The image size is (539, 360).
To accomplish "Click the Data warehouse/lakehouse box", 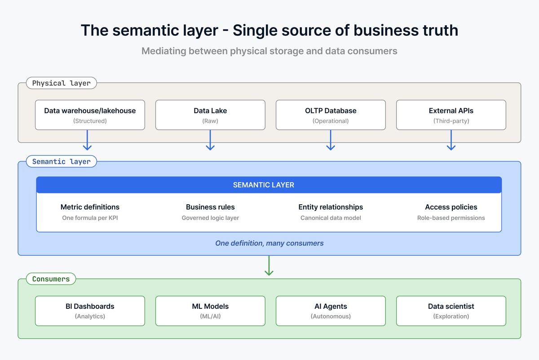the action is pos(90,115).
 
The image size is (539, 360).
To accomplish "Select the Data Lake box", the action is pos(210,115).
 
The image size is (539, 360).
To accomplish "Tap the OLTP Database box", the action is pos(331,115).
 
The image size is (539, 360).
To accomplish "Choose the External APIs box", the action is pos(451,115).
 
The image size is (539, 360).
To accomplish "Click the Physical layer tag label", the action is pos(62,83).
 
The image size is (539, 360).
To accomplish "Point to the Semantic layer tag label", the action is pos(62,161).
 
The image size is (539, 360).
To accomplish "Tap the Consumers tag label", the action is pos(51,279).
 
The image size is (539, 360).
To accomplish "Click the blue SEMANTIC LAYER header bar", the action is pos(269,184).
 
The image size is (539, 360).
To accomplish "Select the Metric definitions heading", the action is pos(90,207).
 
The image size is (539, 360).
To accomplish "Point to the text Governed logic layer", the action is pos(210,218).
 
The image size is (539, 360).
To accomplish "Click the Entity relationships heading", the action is pos(331,207).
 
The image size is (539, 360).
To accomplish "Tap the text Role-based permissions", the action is pos(451,218).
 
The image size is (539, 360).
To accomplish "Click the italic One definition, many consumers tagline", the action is pos(269,243).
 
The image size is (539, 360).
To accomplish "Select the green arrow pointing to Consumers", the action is pos(269,265).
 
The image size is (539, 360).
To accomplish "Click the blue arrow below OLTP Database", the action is pos(331,140).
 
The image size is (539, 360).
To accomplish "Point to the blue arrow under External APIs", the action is pos(451,140).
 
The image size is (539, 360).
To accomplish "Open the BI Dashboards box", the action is pos(90,311).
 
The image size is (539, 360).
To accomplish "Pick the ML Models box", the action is pos(210,311).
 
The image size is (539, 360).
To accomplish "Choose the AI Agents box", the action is pos(331,311).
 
